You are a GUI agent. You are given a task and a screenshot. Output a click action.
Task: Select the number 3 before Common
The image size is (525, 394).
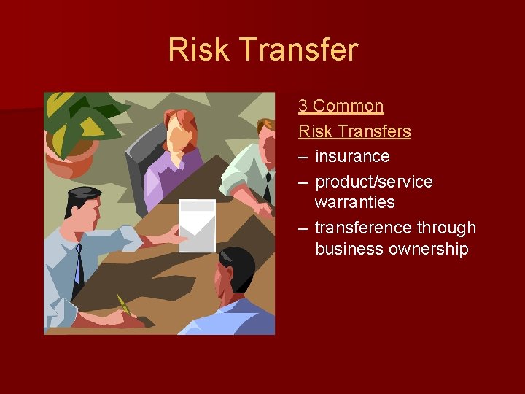tap(303, 106)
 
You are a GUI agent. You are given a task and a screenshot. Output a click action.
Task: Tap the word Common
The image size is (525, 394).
tap(348, 106)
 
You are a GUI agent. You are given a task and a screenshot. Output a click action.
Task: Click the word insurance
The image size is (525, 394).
tap(352, 156)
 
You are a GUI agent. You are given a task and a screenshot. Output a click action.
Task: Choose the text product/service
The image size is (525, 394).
tap(373, 182)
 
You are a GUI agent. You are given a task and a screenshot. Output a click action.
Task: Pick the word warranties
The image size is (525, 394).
tap(354, 202)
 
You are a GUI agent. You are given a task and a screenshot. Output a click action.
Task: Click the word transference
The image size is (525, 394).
tap(362, 228)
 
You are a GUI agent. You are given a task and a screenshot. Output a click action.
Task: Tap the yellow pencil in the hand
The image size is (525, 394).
tap(124, 305)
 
